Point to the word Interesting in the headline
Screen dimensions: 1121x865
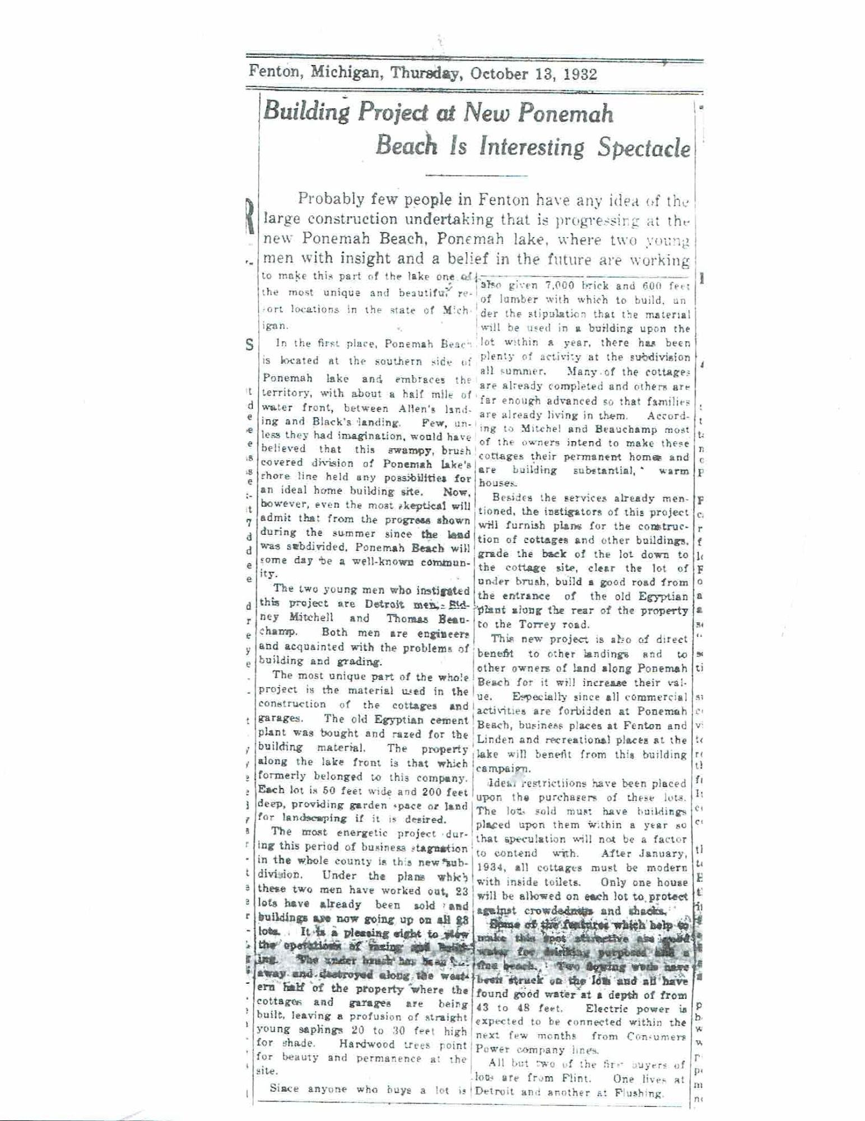point(531,147)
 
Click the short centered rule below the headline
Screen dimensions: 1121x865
point(476,176)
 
